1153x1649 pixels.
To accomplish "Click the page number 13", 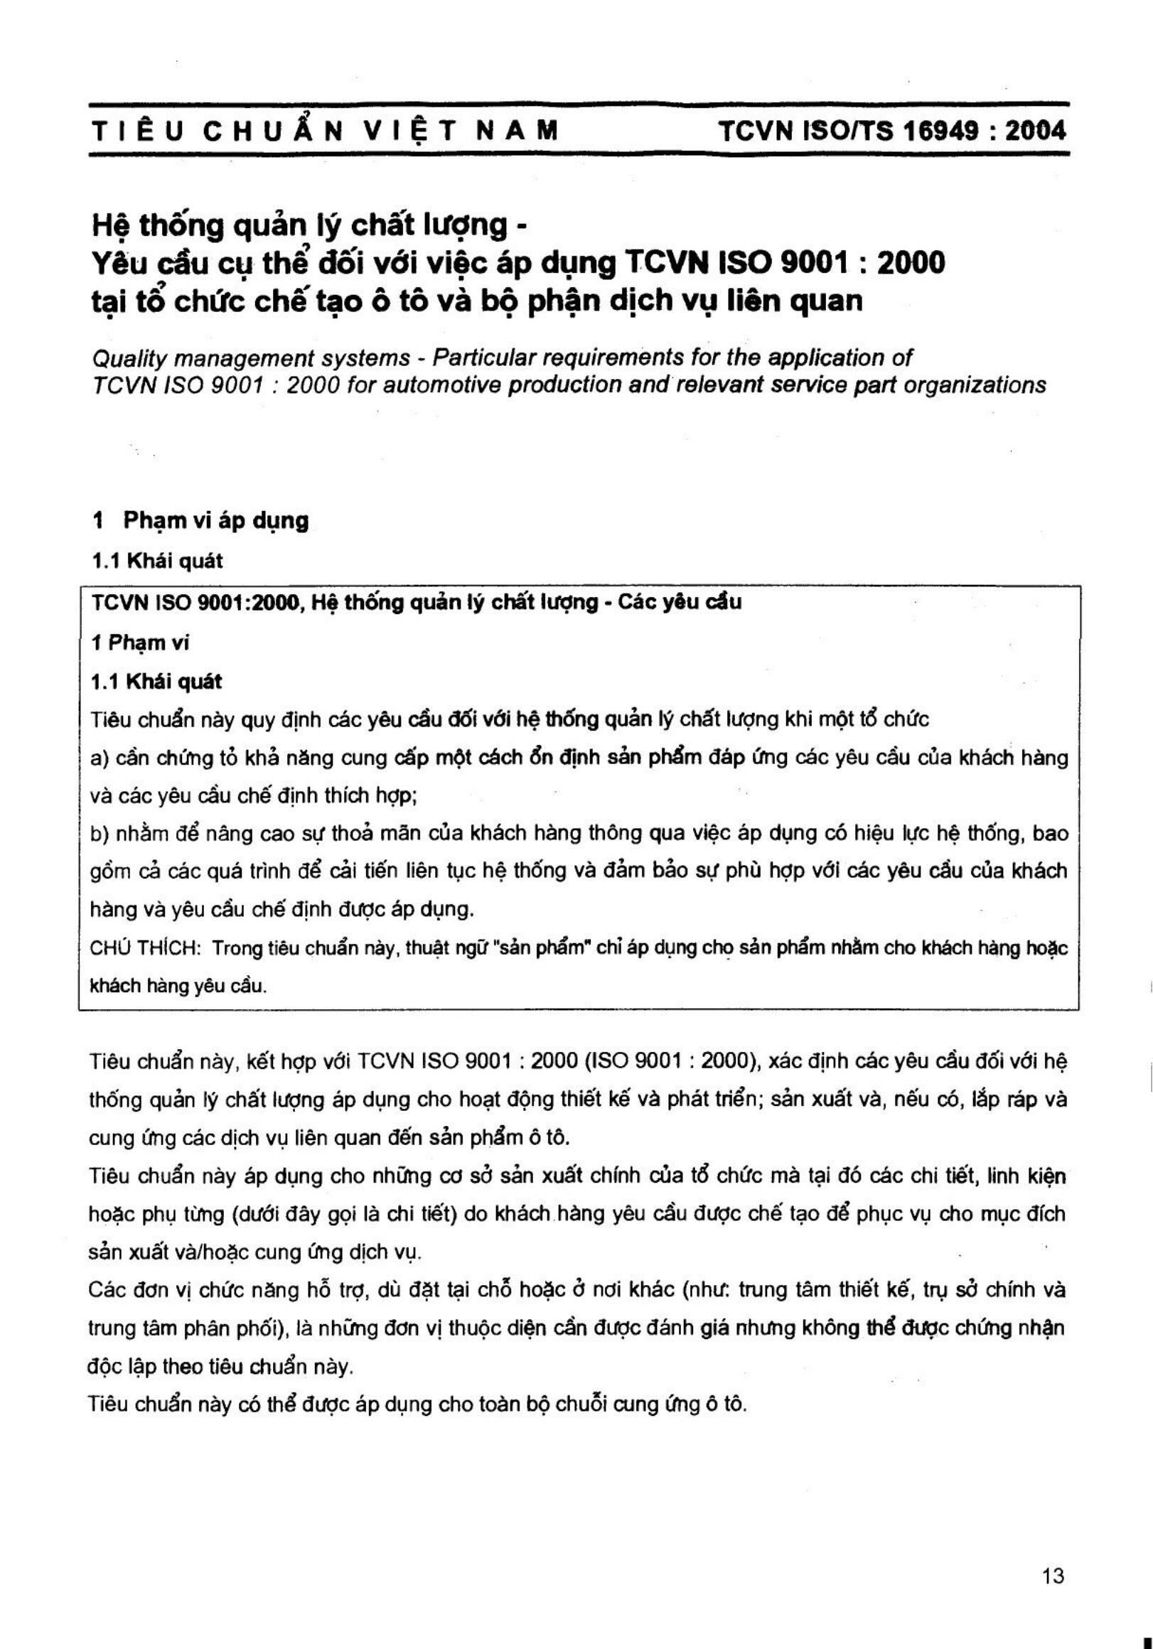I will (1052, 1577).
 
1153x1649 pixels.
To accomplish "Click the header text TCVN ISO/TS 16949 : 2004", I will (892, 131).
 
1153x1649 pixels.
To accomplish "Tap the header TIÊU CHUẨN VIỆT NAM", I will (325, 131).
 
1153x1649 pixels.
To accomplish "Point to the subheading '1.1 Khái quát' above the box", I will (157, 561).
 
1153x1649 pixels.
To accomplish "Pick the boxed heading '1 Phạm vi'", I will (140, 642).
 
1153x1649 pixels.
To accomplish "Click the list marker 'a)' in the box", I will (99, 758).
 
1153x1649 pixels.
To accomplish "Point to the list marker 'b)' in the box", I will (99, 833).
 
